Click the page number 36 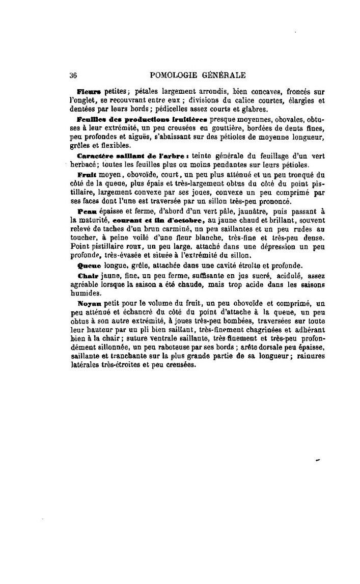coord(73,75)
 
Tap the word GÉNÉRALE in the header coord(225,75)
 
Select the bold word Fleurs coord(90,92)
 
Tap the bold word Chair coord(86,276)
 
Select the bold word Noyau coord(87,303)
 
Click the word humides coord(86,294)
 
